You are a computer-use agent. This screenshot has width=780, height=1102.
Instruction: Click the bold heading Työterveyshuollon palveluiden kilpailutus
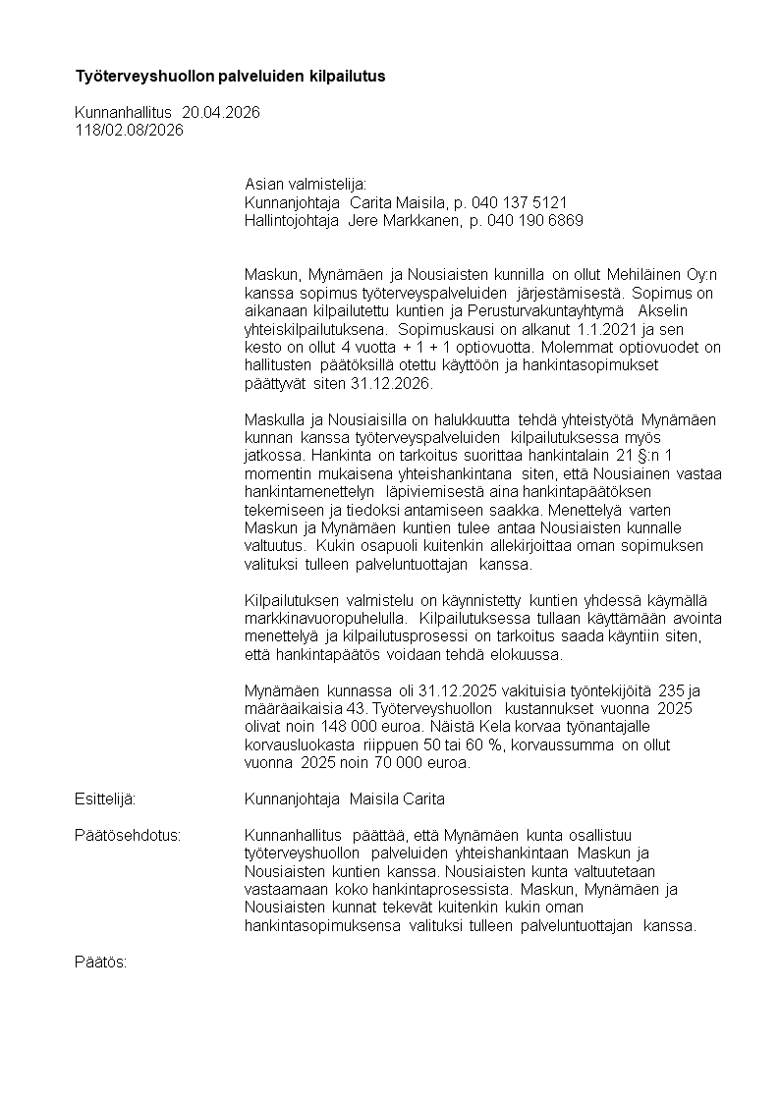tap(231, 76)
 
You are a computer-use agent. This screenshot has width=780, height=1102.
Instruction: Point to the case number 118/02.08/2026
tap(129, 130)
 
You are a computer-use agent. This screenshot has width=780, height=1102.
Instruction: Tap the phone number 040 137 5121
tap(519, 202)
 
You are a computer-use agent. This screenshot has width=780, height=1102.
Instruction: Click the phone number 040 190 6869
tap(534, 220)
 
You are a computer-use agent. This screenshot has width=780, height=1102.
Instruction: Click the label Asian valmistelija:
tap(305, 185)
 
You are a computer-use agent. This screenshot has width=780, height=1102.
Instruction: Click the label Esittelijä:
tap(105, 799)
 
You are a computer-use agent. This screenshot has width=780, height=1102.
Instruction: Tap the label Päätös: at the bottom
tap(101, 962)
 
